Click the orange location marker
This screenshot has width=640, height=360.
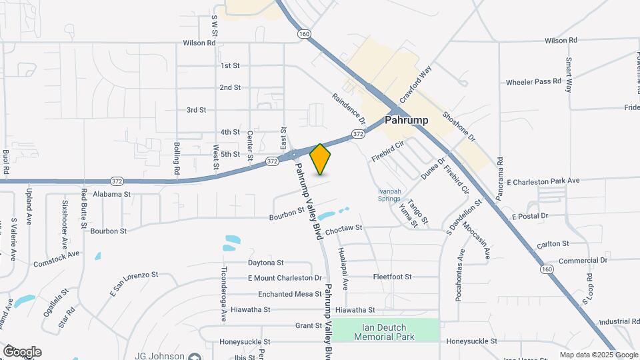(320, 159)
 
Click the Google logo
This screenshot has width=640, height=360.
(22, 351)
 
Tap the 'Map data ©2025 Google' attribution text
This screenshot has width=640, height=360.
(598, 355)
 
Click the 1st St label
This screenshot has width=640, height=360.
(230, 65)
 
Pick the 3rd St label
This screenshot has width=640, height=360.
(196, 110)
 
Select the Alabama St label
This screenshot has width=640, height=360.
(111, 194)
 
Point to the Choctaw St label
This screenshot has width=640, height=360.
(344, 228)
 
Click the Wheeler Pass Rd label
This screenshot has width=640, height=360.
(533, 82)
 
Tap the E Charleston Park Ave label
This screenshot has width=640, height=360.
(543, 181)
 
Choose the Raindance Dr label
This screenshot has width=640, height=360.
(349, 109)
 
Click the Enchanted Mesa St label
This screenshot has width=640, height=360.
(281, 294)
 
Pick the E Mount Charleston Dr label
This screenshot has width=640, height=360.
(285, 277)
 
